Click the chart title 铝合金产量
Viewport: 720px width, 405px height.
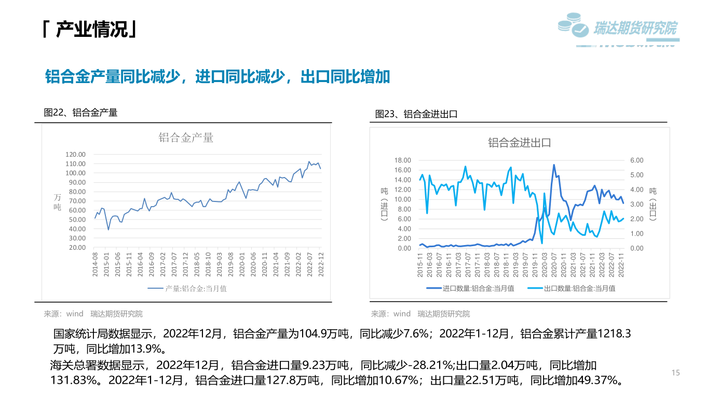click(186, 138)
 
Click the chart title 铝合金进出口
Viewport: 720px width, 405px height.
click(519, 143)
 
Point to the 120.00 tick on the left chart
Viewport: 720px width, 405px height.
click(75, 154)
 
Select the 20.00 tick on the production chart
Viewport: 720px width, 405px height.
click(77, 247)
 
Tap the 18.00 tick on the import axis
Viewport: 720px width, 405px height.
click(403, 160)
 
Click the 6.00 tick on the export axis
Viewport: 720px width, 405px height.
click(636, 160)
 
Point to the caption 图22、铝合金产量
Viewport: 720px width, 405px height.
click(81, 112)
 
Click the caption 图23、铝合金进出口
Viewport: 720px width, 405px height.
click(416, 114)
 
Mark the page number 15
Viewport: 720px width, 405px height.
click(675, 373)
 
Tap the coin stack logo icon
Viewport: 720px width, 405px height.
click(573, 26)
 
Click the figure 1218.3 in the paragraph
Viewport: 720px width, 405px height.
click(615, 334)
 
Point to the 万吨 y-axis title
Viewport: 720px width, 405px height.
click(58, 202)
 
